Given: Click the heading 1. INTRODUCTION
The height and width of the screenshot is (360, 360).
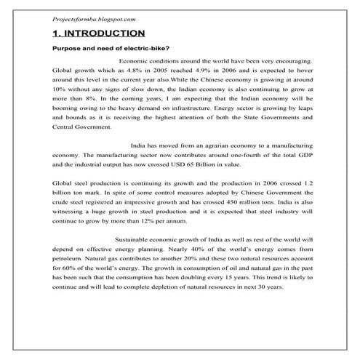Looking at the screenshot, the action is (98, 33).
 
